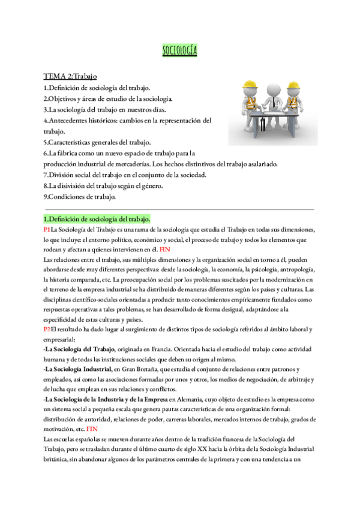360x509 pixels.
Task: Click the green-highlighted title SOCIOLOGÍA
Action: [x=180, y=50]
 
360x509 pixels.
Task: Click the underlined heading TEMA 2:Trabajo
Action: [x=71, y=76]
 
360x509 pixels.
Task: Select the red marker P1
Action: [x=47, y=229]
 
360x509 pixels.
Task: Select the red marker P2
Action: [x=47, y=330]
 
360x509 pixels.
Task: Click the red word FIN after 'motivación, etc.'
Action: [x=92, y=413]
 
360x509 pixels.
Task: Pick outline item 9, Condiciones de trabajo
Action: [x=80, y=196]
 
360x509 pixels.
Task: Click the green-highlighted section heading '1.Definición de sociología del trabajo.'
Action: [x=97, y=218]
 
